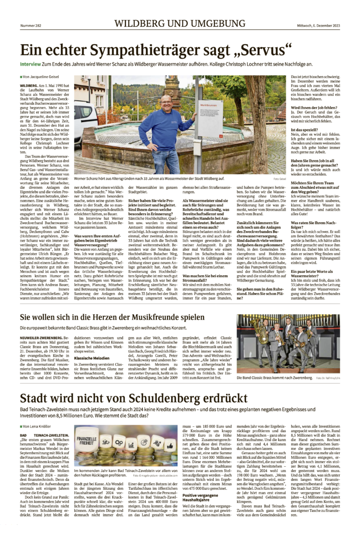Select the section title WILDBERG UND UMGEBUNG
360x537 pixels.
(179, 24)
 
